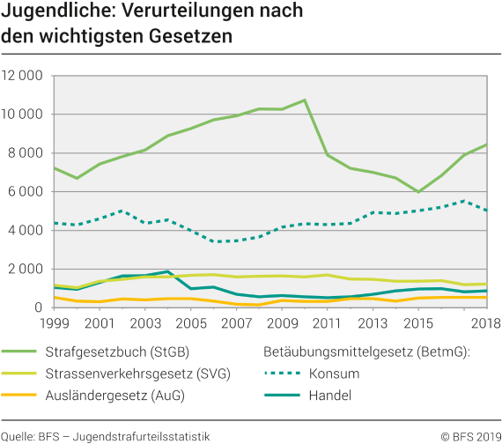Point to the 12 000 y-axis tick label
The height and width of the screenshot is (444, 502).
click(22, 76)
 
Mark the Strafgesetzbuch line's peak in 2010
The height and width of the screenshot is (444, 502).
click(304, 100)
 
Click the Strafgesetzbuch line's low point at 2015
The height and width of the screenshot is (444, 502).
click(418, 192)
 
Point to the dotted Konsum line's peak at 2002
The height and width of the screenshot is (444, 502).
click(122, 211)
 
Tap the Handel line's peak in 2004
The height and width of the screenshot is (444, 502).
click(167, 271)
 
